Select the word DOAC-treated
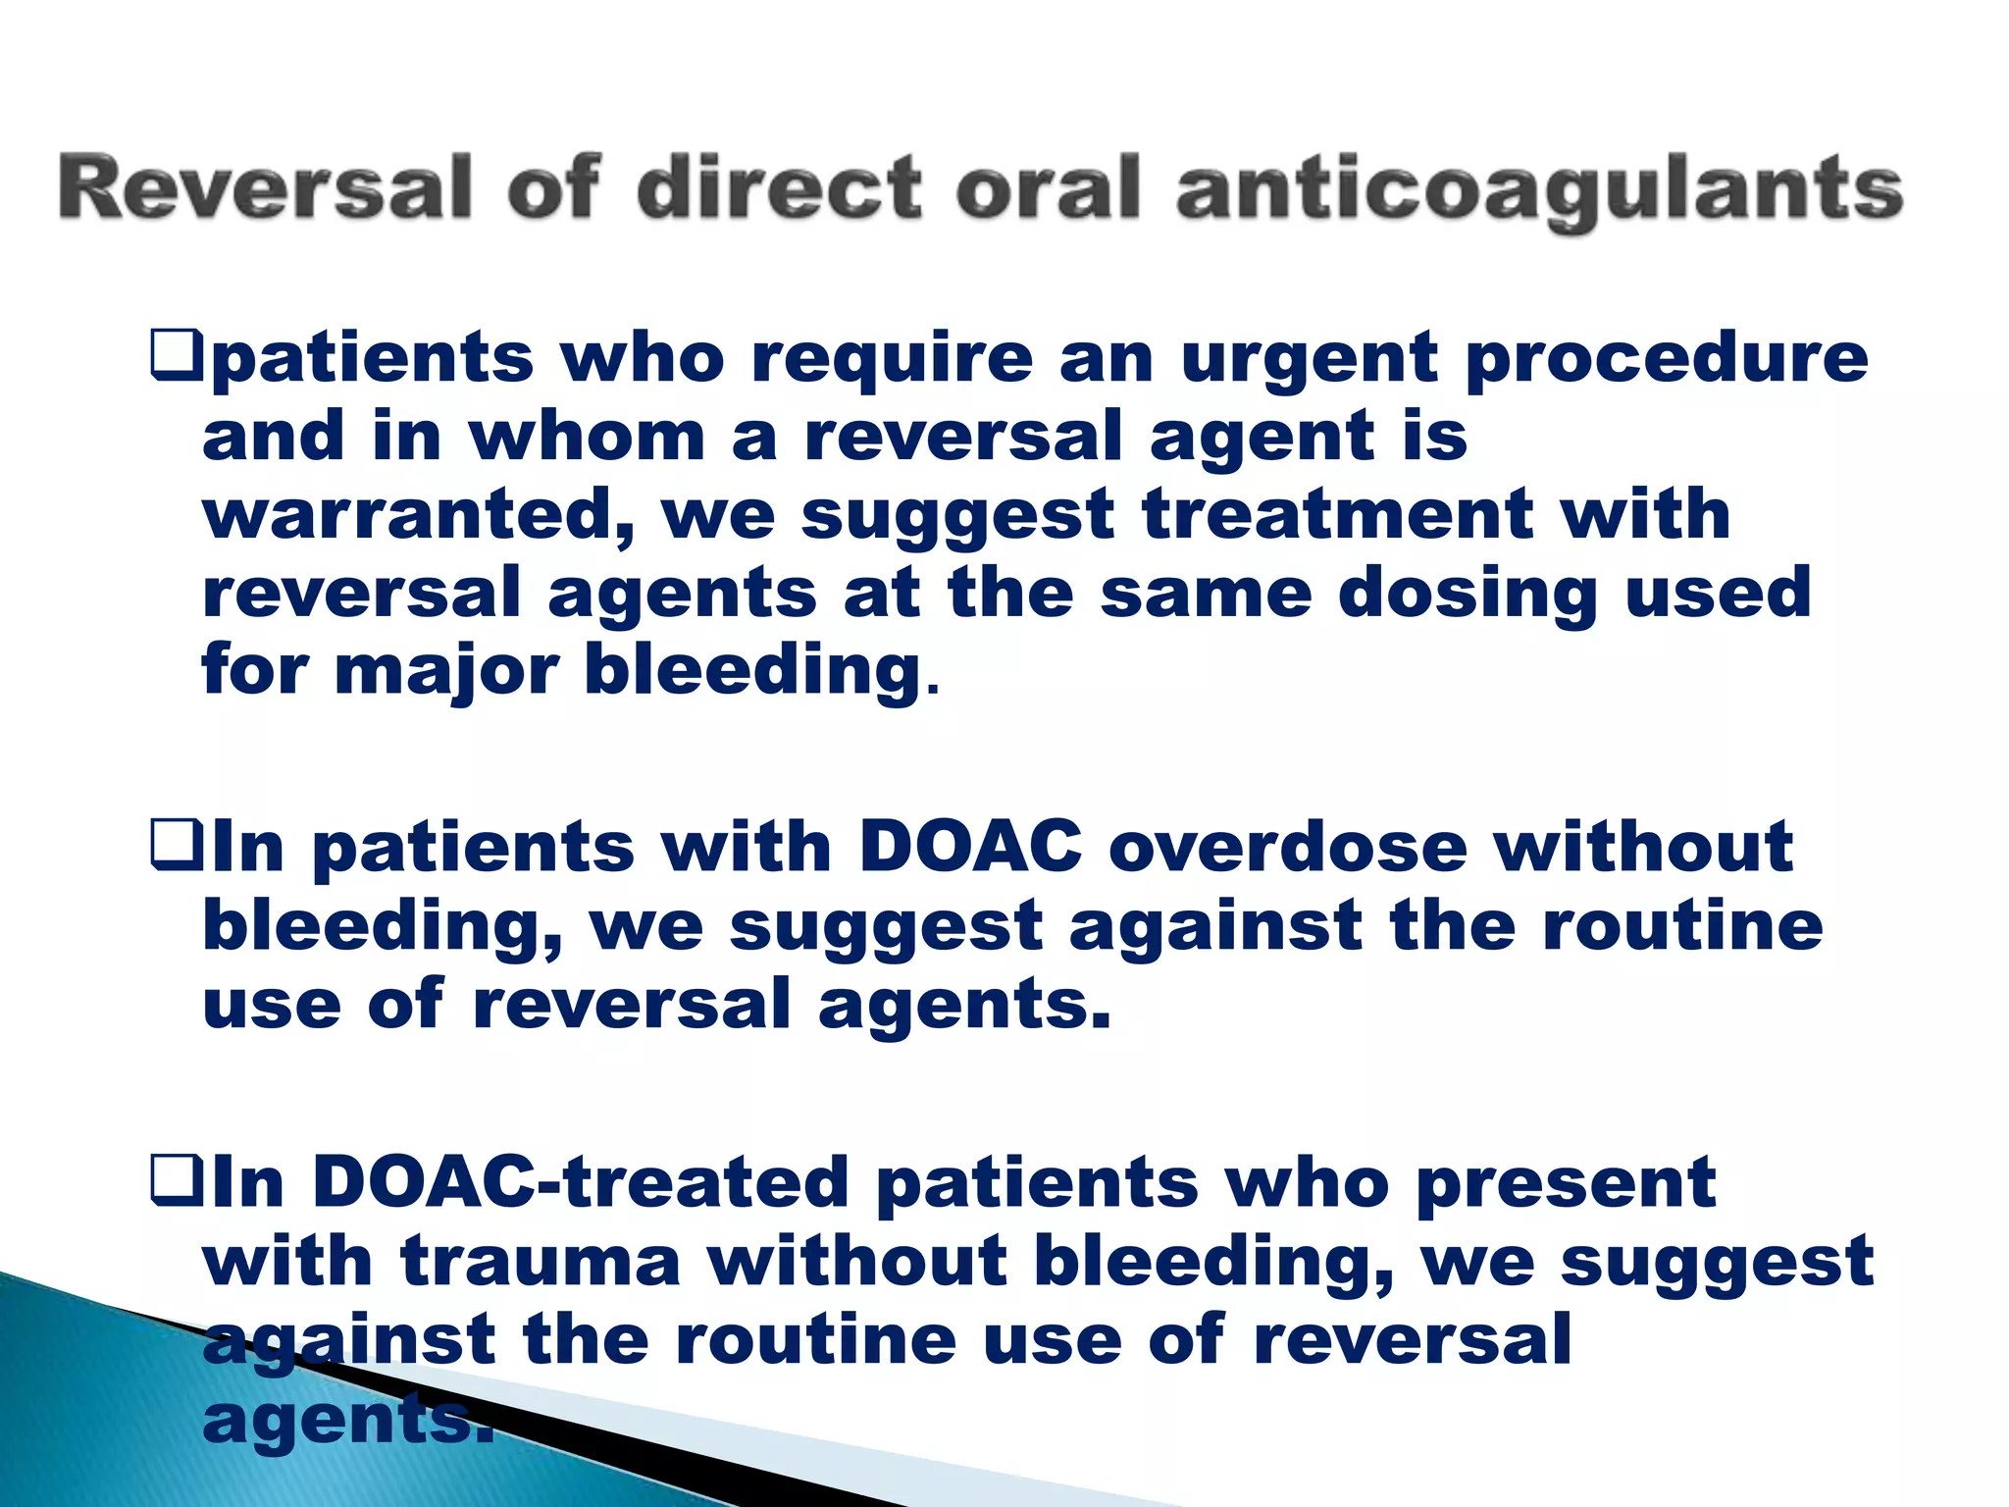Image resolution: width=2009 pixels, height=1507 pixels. click(x=580, y=1182)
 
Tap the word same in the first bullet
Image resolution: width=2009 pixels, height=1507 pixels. click(x=1206, y=595)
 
